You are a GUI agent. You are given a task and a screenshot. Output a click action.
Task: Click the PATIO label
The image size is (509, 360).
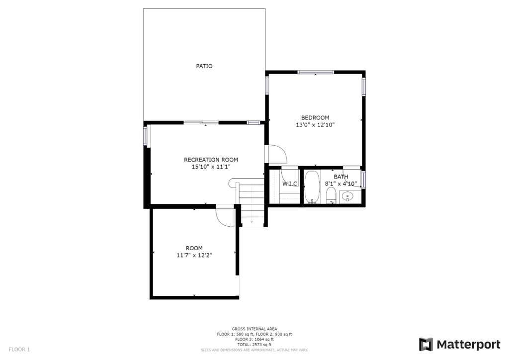pyautogui.click(x=204, y=66)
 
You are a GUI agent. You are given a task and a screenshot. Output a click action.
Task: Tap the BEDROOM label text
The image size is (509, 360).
pyautogui.click(x=315, y=118)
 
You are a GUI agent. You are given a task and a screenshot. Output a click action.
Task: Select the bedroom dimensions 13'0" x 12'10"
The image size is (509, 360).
pyautogui.click(x=315, y=125)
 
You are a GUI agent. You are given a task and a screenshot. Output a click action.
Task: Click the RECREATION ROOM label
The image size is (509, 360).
pyautogui.click(x=211, y=160)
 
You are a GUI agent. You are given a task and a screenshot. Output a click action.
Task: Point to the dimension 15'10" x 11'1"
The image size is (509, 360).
pyautogui.click(x=211, y=167)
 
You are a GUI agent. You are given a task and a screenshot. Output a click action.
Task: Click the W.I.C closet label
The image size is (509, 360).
pyautogui.click(x=290, y=184)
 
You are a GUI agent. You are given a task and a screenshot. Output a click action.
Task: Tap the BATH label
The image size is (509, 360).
pyautogui.click(x=341, y=177)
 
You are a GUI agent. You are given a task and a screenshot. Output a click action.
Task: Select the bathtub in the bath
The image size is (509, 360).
pyautogui.click(x=312, y=187)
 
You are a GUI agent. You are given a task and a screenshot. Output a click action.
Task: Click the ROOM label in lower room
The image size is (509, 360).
pyautogui.click(x=194, y=248)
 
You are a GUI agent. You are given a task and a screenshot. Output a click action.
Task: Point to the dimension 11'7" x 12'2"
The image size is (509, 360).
pyautogui.click(x=194, y=256)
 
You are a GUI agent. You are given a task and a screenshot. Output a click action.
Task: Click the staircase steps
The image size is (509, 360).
pyautogui.click(x=252, y=202)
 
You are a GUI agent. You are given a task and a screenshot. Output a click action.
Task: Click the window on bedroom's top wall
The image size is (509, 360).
pyautogui.click(x=316, y=72)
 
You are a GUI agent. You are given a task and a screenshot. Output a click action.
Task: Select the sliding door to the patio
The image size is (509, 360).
pyautogui.click(x=201, y=122)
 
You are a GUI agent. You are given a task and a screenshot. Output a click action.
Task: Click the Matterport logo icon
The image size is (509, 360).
pyautogui.click(x=425, y=345)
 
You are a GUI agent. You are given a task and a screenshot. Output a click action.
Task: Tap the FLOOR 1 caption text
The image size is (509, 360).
pyautogui.click(x=19, y=350)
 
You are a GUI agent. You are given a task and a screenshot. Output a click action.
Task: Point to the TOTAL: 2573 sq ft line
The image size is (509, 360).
pyautogui.click(x=254, y=345)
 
